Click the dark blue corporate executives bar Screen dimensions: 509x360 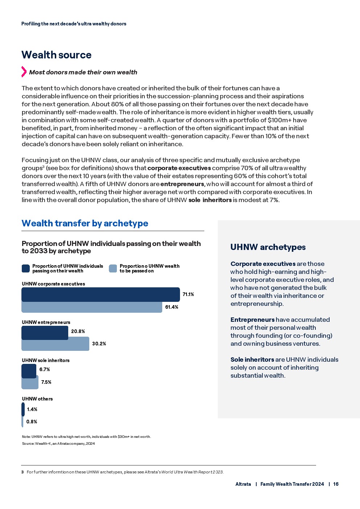tap(101, 294)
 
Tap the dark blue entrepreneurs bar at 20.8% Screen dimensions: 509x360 tap(45, 332)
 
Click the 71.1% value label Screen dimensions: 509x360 tap(188, 295)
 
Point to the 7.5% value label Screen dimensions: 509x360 tap(46, 382)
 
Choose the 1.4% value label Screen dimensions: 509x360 tap(32, 409)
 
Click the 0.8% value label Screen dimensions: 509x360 tap(32, 422)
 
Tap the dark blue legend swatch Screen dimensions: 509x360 tap(25, 268)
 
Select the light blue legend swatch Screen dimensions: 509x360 tap(113, 268)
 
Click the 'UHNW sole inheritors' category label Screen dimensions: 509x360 tap(45, 360)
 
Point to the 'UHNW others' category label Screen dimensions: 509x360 tap(37, 399)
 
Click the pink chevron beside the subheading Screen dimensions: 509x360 tap(24, 72)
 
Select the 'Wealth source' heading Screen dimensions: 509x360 tap(56, 55)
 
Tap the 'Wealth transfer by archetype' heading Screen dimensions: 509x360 tap(85, 223)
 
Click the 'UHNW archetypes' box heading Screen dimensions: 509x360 tap(268, 247)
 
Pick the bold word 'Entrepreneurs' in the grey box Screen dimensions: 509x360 tap(252, 320)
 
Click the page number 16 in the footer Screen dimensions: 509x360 tap(336, 484)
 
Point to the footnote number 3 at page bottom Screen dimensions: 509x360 tap(22, 472)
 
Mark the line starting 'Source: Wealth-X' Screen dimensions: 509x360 tap(58, 443)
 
